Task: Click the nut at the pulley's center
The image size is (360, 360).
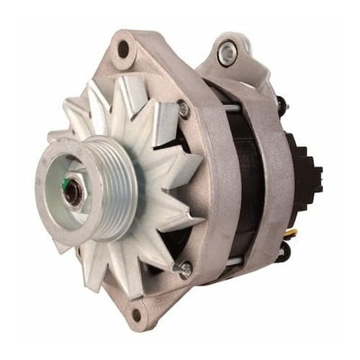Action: coord(73,191)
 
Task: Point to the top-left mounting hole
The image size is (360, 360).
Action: coord(123,49)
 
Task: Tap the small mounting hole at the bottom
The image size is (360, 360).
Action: coord(135,314)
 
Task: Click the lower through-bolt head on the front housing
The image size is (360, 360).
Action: coord(186,271)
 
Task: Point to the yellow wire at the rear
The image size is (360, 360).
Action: coord(294,233)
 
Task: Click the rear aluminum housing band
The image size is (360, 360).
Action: coord(270,180)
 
